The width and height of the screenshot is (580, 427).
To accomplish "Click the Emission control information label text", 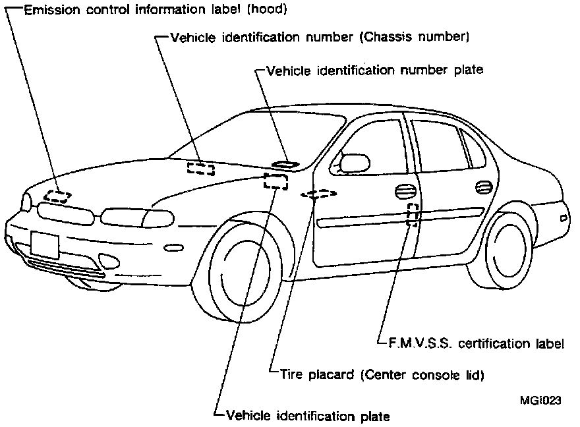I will point(146,11).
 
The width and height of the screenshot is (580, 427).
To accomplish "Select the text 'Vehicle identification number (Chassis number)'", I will point(319,38).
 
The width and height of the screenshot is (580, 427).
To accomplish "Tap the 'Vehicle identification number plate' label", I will point(374,69).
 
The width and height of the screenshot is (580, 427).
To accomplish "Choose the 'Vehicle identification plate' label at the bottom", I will point(307,416).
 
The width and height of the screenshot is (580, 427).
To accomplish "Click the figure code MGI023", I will point(540,400).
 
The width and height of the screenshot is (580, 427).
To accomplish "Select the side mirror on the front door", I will point(354,162).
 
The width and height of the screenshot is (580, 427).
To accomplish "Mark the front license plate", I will point(45,245).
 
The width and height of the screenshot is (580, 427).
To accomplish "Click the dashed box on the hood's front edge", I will point(58,196).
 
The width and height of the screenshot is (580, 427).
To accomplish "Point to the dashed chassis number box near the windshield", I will point(200,168).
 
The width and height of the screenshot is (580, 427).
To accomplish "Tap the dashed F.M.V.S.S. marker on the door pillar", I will point(413,215).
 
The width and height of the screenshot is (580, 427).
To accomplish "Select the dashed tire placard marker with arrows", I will point(318,194).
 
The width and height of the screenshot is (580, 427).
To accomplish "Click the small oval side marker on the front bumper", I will point(173,248).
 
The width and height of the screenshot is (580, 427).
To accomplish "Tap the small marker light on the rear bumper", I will point(564,217).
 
